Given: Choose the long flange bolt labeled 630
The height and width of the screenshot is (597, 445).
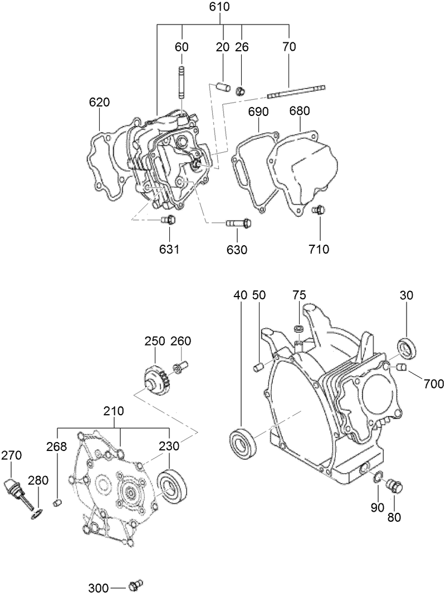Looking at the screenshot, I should click(238, 224).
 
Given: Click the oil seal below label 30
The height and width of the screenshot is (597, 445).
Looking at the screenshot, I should click(406, 346).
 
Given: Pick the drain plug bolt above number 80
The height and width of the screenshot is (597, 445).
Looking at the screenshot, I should click(394, 486).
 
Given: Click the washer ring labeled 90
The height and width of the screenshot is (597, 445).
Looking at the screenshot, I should click(377, 477).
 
